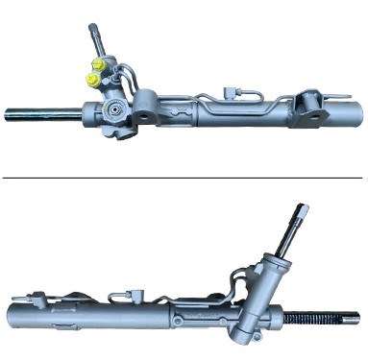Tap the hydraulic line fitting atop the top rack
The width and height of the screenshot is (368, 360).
click(233, 93)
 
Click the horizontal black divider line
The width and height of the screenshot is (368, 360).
click(184, 178)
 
